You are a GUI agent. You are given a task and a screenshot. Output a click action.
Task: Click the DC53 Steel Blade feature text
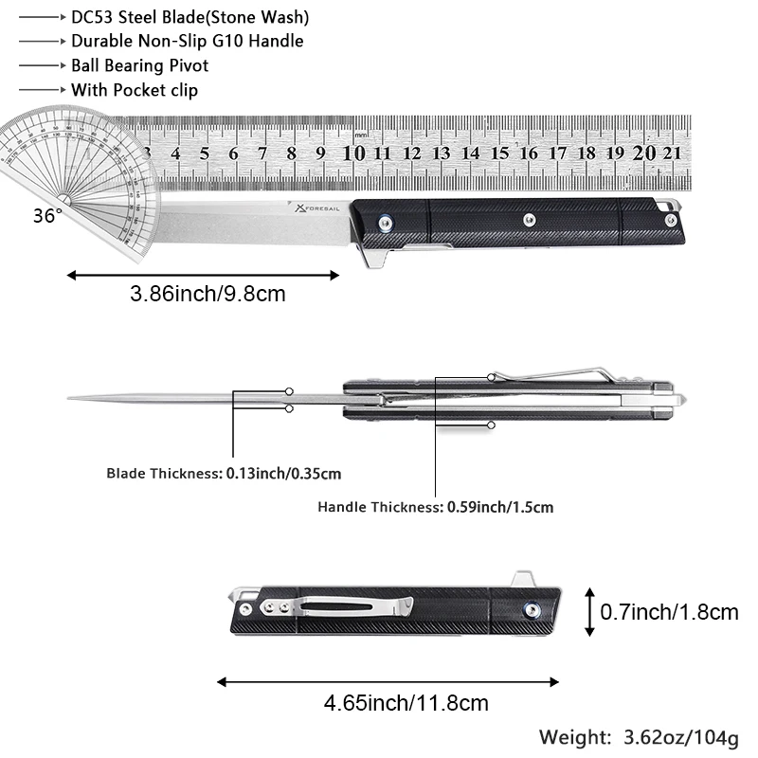[x=190, y=17]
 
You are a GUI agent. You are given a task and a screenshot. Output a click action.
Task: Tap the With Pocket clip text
[x=135, y=90]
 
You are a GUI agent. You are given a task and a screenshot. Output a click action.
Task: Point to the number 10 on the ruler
[x=353, y=153]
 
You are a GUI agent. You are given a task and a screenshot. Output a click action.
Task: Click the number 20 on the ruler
[x=644, y=153]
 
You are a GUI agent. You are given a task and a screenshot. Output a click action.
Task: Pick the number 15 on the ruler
[x=499, y=153]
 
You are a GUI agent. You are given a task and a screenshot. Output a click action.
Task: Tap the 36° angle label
[x=47, y=216]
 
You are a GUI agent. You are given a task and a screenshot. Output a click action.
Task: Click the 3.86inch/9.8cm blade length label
[x=208, y=294]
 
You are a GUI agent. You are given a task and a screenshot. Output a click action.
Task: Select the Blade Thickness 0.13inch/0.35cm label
[x=224, y=473]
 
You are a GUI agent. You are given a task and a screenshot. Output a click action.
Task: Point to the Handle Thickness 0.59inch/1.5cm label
[x=436, y=507]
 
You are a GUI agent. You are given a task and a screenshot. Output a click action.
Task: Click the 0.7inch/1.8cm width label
[x=670, y=612]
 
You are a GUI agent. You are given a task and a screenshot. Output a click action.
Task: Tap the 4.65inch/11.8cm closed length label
[x=406, y=703]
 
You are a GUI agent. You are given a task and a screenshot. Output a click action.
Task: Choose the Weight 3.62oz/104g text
[x=639, y=738]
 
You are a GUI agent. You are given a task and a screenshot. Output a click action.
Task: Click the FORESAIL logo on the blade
[x=317, y=208]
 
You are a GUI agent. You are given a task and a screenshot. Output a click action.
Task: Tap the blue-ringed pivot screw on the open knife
[x=386, y=223]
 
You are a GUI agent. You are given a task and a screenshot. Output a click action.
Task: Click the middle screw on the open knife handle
[x=530, y=220]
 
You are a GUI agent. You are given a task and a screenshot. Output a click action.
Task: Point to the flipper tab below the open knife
[x=375, y=256]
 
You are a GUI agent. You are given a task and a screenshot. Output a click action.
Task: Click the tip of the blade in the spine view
[x=68, y=398]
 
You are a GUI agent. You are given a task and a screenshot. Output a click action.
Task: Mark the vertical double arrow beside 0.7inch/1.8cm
[x=589, y=612]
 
